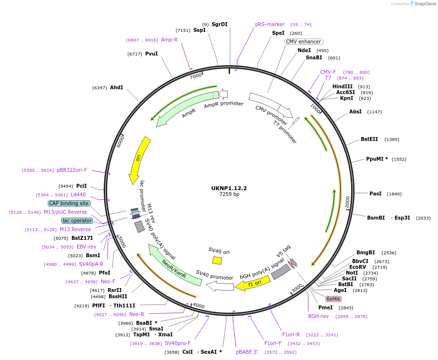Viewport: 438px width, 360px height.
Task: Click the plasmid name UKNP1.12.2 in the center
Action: point(229,188)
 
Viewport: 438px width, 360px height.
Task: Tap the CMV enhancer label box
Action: point(303,42)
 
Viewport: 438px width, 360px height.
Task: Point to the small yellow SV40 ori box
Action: point(217,261)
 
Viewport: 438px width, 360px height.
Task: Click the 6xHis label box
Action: point(333,299)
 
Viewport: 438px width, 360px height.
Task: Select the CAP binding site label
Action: point(69,203)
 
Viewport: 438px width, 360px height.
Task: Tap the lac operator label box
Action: point(77,221)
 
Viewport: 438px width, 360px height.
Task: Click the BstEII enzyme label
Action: point(370,139)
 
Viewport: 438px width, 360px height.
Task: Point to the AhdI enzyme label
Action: point(116,87)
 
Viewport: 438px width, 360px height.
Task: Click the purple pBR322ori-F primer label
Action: point(72,170)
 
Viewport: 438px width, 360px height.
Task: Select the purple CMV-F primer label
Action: point(328,72)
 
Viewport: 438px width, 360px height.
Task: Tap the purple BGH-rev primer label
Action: point(318,317)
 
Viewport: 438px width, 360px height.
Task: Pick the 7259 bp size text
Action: point(229,194)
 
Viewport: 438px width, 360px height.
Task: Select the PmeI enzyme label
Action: point(326,307)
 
